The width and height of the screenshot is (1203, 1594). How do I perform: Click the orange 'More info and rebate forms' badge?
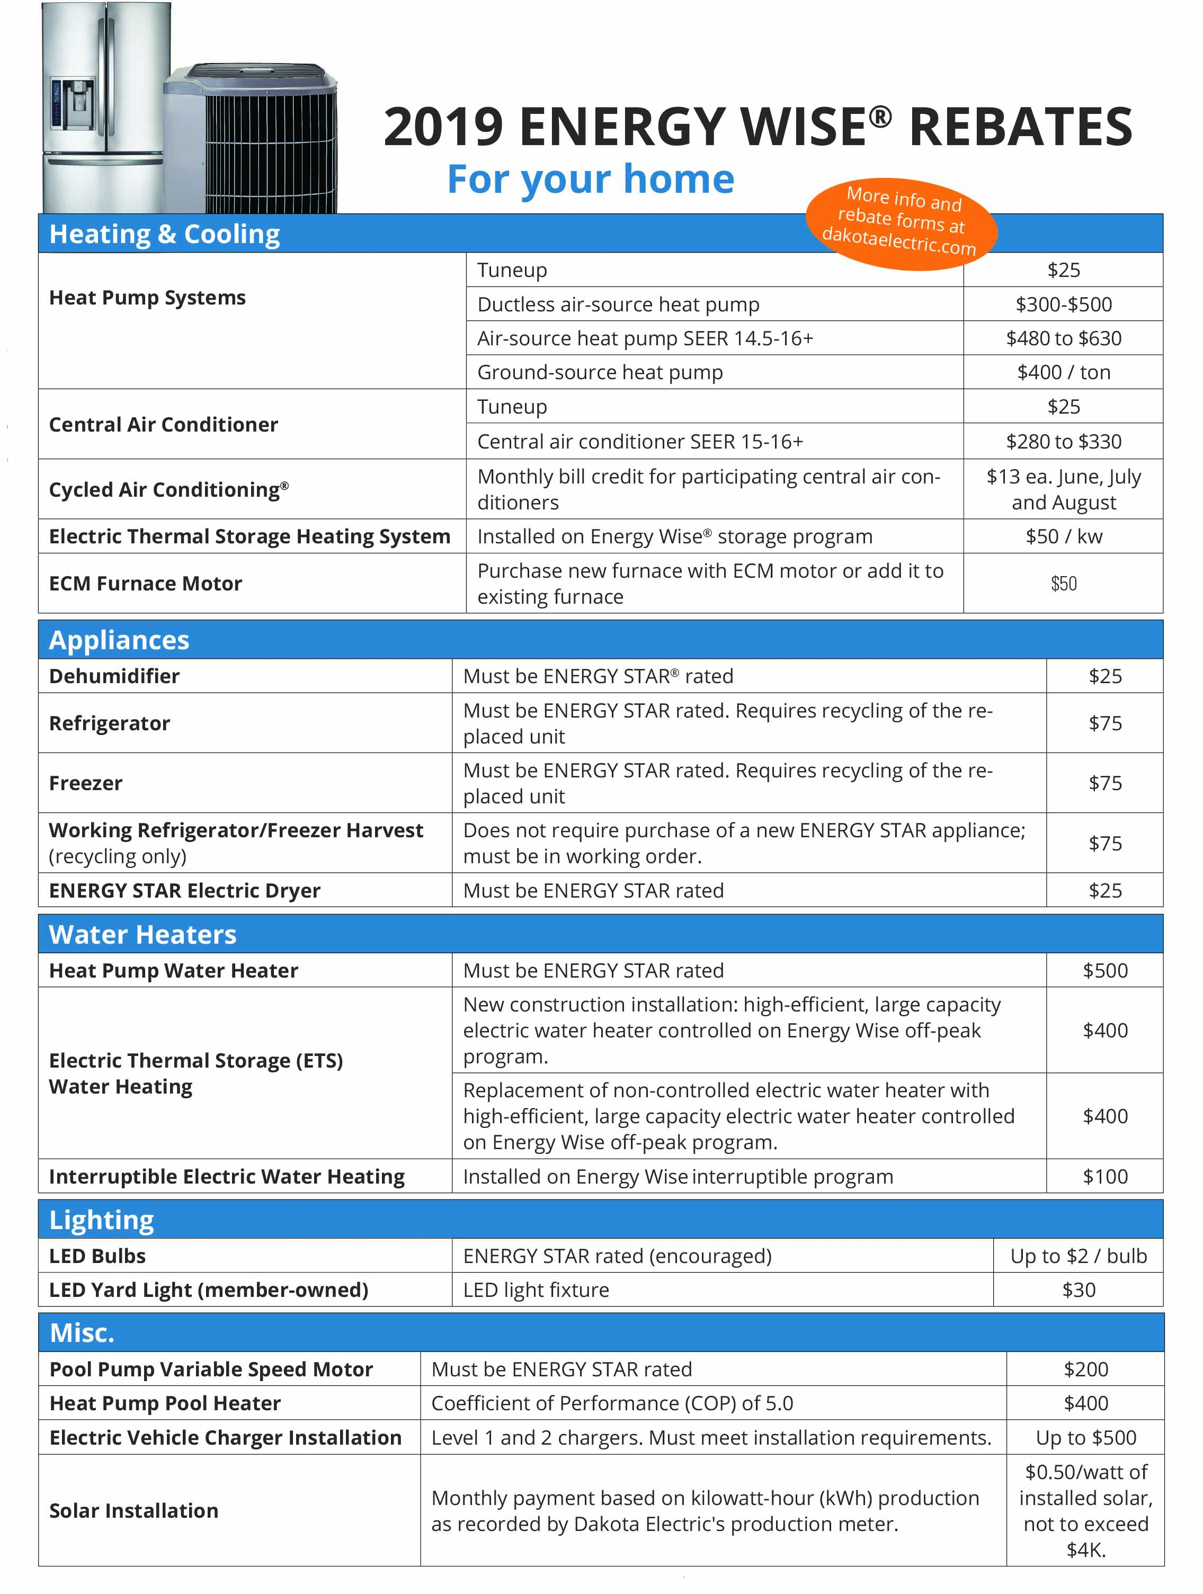(x=901, y=222)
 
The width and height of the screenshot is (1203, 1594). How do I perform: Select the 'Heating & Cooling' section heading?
(x=164, y=234)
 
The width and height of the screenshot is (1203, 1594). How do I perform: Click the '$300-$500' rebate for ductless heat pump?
(x=1063, y=304)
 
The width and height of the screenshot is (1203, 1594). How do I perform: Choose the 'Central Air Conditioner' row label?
(x=164, y=424)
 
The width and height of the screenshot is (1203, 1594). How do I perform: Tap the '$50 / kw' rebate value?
(x=1063, y=536)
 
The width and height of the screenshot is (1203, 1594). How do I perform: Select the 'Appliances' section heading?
(x=119, y=640)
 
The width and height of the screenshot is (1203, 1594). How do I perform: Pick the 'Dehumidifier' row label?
(x=114, y=676)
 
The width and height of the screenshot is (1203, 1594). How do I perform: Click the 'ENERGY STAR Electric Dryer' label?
(x=184, y=891)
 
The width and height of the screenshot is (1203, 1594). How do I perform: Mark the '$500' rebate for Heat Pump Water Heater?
(x=1105, y=971)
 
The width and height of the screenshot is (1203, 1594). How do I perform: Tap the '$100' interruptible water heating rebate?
(x=1105, y=1177)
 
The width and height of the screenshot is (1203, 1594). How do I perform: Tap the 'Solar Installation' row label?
(x=133, y=1510)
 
